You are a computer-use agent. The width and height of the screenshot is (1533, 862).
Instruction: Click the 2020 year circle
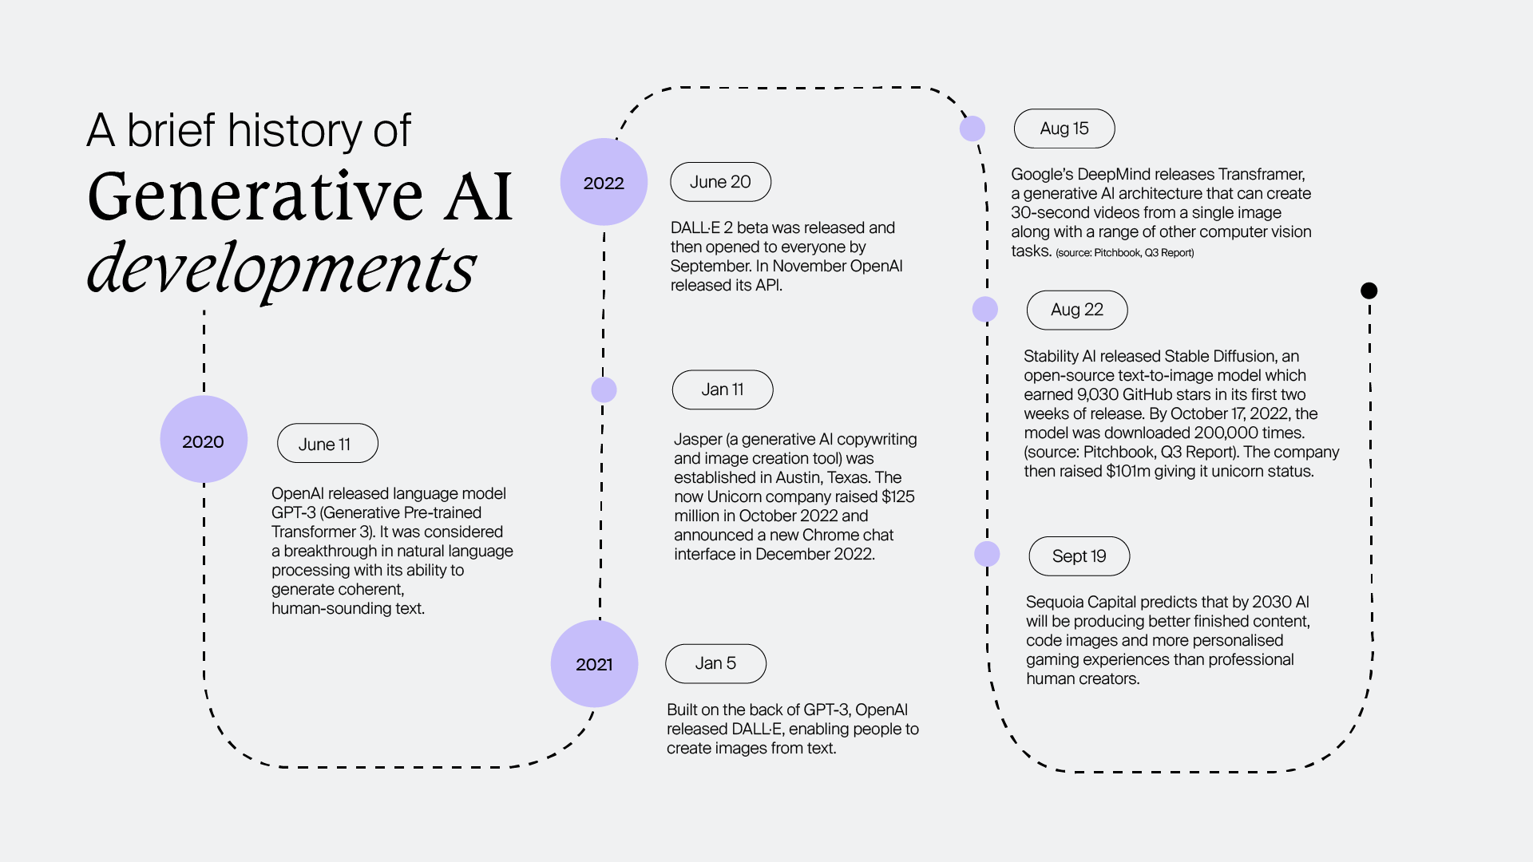(204, 440)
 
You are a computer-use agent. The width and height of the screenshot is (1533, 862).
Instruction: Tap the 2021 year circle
(594, 663)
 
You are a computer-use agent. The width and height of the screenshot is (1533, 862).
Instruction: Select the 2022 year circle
(604, 182)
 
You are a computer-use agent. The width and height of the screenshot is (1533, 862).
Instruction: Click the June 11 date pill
(327, 444)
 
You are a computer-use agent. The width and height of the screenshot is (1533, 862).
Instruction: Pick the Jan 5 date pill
(715, 663)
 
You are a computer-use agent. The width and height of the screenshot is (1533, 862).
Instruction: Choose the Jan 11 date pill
(723, 389)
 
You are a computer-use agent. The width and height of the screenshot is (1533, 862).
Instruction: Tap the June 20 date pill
(720, 182)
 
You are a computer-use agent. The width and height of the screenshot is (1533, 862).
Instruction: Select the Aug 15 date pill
(1064, 129)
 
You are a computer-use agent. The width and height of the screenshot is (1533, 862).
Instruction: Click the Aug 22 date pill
(1077, 310)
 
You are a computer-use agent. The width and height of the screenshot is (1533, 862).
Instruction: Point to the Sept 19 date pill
(1079, 556)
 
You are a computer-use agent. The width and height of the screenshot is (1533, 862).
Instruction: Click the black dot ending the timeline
(1369, 291)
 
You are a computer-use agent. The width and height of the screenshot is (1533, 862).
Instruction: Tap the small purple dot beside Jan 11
(604, 389)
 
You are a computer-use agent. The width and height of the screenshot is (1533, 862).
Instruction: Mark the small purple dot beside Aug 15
(972, 129)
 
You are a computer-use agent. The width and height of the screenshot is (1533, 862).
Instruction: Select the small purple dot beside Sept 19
(987, 554)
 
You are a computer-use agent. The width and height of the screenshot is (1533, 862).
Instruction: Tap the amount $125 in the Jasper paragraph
(897, 496)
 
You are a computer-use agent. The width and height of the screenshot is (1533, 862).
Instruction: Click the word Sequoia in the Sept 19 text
(1054, 602)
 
